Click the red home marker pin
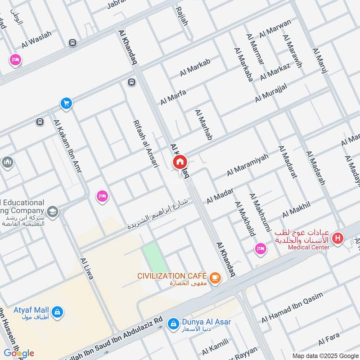click(x=180, y=162)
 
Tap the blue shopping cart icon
click(x=66, y=103)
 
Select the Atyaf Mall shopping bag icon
click(x=57, y=311)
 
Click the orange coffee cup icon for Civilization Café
click(x=215, y=278)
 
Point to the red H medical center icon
click(x=337, y=238)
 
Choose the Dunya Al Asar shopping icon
click(x=172, y=323)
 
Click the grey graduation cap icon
click(x=53, y=211)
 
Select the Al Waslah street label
click(x=36, y=40)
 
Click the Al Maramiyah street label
click(x=247, y=165)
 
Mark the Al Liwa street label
click(x=86, y=269)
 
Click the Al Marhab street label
click(x=203, y=124)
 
